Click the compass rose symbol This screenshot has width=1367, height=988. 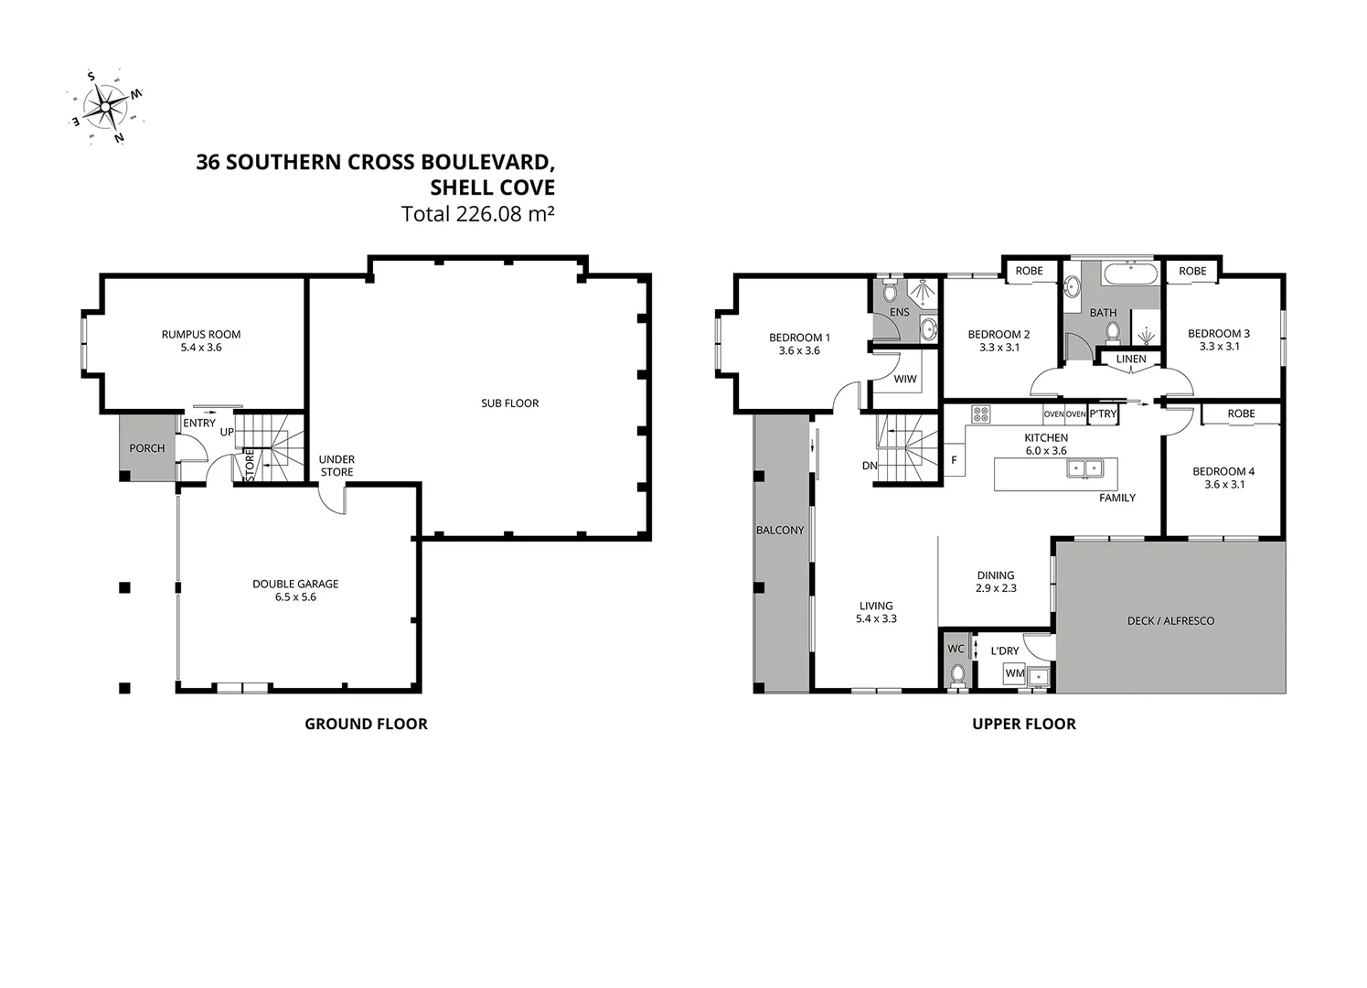click(106, 107)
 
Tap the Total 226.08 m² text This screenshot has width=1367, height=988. click(477, 214)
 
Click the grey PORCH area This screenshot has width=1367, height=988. click(147, 447)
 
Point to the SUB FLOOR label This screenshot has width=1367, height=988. click(509, 403)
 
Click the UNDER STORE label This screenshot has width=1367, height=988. click(336, 466)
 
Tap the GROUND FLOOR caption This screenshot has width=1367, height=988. click(366, 724)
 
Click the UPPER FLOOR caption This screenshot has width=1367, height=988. click(1023, 724)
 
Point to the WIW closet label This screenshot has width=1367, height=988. click(904, 379)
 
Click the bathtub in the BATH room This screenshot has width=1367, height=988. click(1131, 274)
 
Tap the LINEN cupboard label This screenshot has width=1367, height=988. click(1131, 360)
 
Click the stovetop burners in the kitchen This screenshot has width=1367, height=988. click(980, 413)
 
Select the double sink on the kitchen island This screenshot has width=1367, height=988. click(1085, 468)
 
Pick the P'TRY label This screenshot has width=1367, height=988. click(1103, 413)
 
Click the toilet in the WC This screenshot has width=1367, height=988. click(957, 674)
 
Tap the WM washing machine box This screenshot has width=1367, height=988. click(1014, 673)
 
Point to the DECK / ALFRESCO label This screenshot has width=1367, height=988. click(1170, 620)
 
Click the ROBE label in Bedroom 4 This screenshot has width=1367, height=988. click(1241, 413)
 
